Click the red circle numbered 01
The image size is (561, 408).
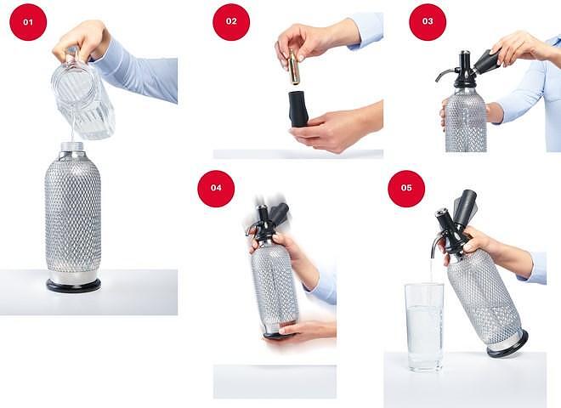point(28,22)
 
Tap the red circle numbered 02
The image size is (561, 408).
point(231,21)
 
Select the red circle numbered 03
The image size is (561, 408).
point(428,21)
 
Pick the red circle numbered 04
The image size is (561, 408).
point(216,188)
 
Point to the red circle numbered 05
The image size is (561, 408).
point(406,188)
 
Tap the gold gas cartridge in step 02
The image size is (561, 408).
point(294,67)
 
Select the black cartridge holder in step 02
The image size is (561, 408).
point(298,109)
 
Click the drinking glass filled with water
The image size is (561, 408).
point(424,327)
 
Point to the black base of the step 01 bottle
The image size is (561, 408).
point(73,286)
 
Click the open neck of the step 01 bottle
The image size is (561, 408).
point(72,146)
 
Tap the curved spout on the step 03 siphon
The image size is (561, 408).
point(443,74)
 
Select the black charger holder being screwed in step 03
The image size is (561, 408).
point(486,61)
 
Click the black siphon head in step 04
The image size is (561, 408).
point(267,222)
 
